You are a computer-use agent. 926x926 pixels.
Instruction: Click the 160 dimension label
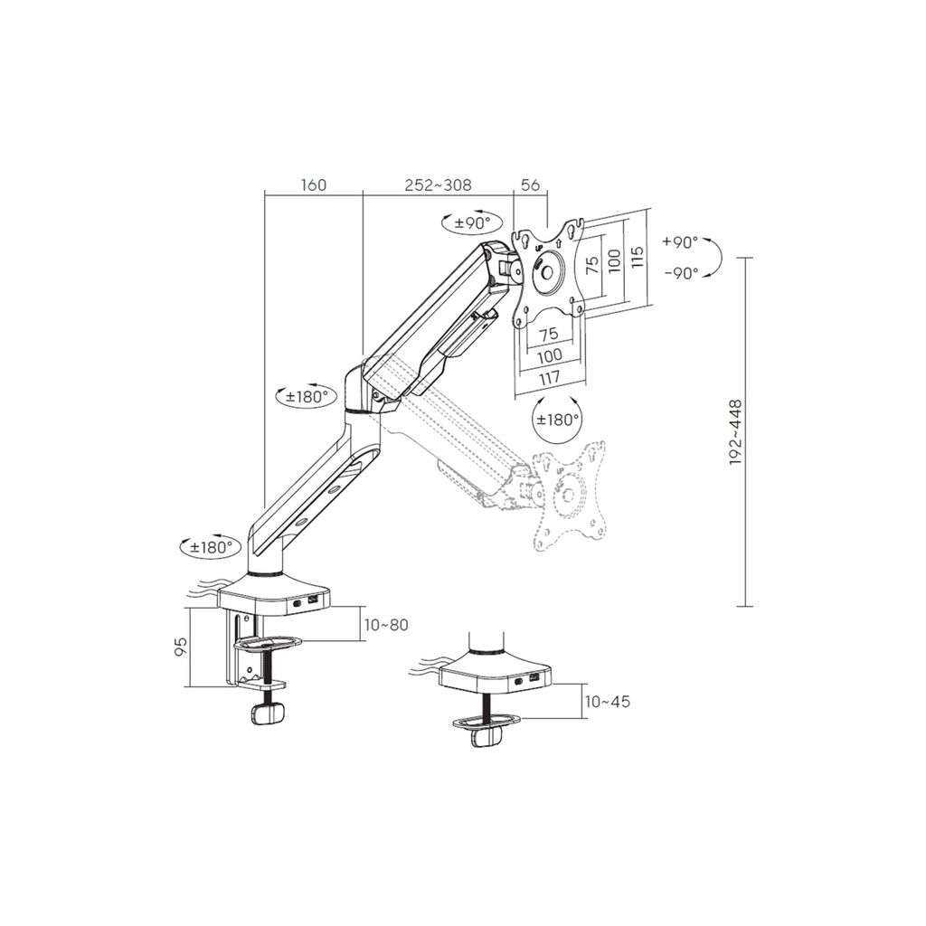coord(313,184)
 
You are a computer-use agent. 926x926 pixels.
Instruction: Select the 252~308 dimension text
coord(438,184)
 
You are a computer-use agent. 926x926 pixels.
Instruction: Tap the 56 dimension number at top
coord(530,184)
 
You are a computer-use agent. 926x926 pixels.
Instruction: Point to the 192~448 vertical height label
coord(734,432)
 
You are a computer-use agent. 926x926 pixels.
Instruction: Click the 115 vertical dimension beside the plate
coord(637,258)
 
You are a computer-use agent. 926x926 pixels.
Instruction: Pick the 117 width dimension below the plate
coord(549,377)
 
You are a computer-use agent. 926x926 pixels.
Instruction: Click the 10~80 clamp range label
coord(386,625)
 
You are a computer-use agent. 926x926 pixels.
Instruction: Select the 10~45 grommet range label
coord(607,702)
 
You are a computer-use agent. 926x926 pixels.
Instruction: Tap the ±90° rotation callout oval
coord(472,222)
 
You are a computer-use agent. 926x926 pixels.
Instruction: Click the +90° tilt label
coord(680,242)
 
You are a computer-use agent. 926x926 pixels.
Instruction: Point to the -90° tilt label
coord(682,273)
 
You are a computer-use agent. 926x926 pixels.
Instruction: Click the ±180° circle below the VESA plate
coord(556,419)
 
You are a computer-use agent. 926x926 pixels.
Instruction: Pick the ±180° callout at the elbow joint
coord(307,395)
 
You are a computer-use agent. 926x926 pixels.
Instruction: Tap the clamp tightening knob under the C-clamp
coord(268,713)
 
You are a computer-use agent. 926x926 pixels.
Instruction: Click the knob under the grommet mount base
coord(486,737)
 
